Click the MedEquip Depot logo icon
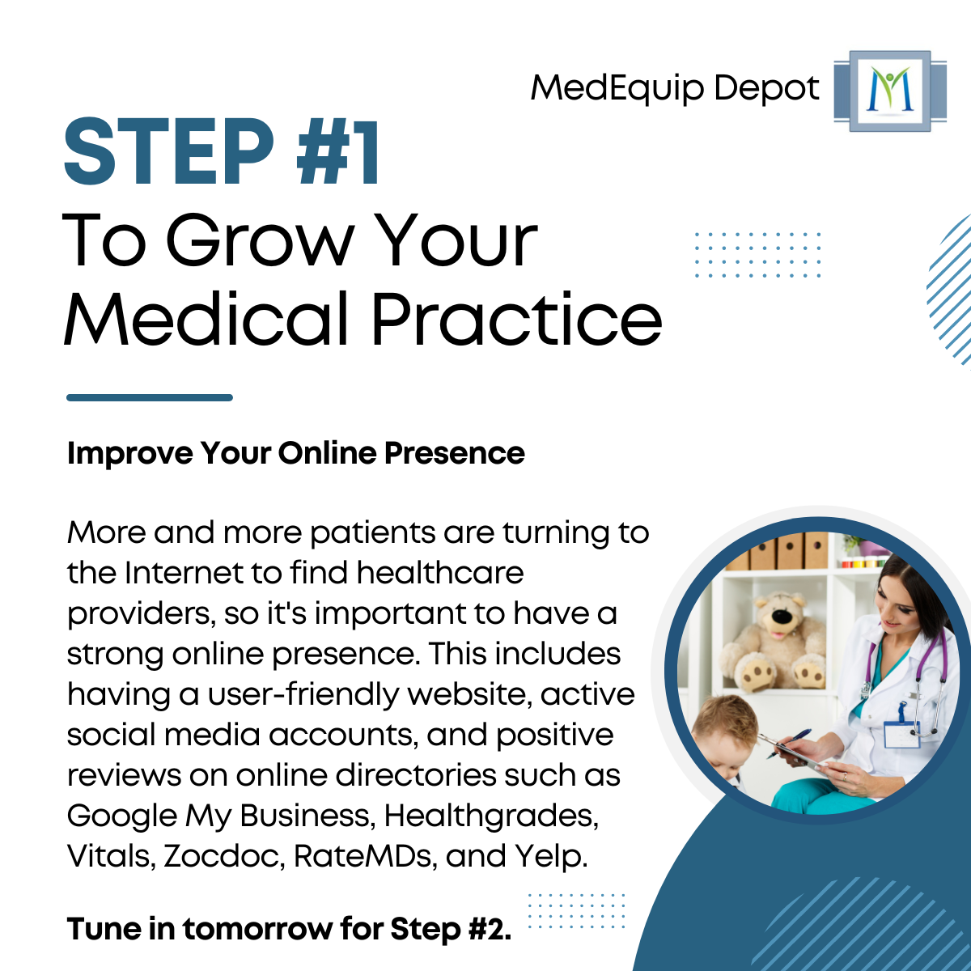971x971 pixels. coord(889,91)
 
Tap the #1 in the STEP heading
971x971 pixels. coord(339,153)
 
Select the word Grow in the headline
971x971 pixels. coord(260,240)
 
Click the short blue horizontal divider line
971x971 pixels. coord(150,397)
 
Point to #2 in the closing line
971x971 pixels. coord(489,929)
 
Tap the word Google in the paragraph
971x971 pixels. coord(121,816)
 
